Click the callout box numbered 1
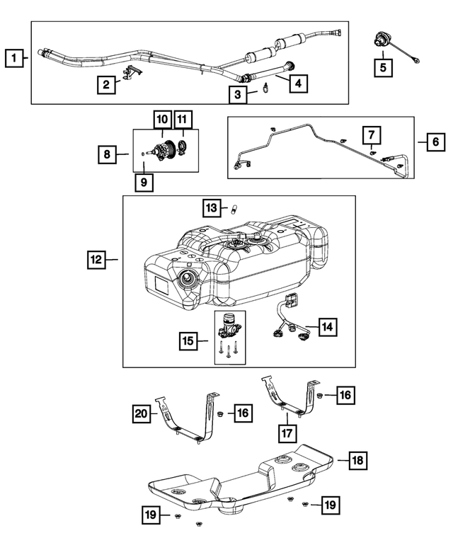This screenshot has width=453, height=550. click(12, 56)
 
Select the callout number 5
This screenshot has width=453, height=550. click(382, 68)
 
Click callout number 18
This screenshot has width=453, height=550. click(357, 461)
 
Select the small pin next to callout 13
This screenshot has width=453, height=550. click(231, 208)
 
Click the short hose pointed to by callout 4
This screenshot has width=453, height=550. click(269, 71)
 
